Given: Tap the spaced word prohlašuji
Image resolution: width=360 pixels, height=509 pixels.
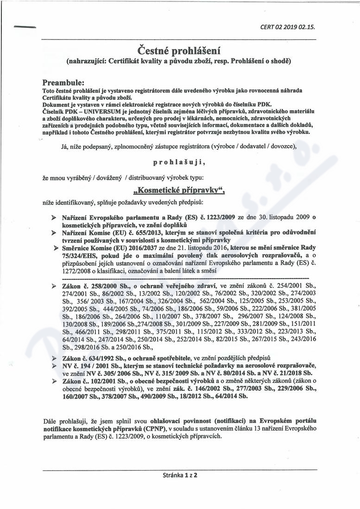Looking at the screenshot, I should (178, 163).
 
